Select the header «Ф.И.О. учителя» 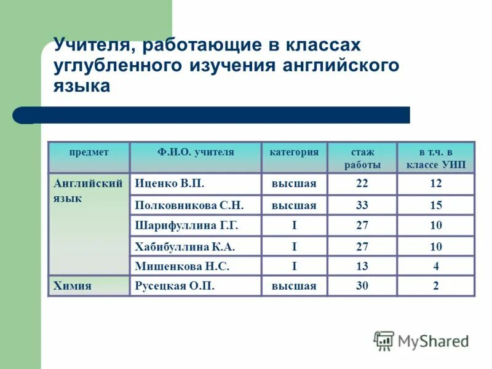click(x=196, y=151)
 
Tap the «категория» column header click(x=294, y=151)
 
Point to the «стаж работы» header click(x=362, y=158)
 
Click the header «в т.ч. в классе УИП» click(x=435, y=158)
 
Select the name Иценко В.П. click(x=170, y=183)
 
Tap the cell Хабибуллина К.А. click(x=185, y=247)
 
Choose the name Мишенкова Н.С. click(x=182, y=266)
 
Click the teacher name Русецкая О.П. click(x=175, y=285)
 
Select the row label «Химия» click(x=72, y=285)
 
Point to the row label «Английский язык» click(x=88, y=191)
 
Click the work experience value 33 click(x=362, y=205)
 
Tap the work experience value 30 click(x=362, y=285)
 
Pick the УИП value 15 click(x=435, y=205)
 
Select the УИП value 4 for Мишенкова click(x=435, y=266)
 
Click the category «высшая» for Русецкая click(x=294, y=285)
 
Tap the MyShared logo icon click(x=384, y=340)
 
